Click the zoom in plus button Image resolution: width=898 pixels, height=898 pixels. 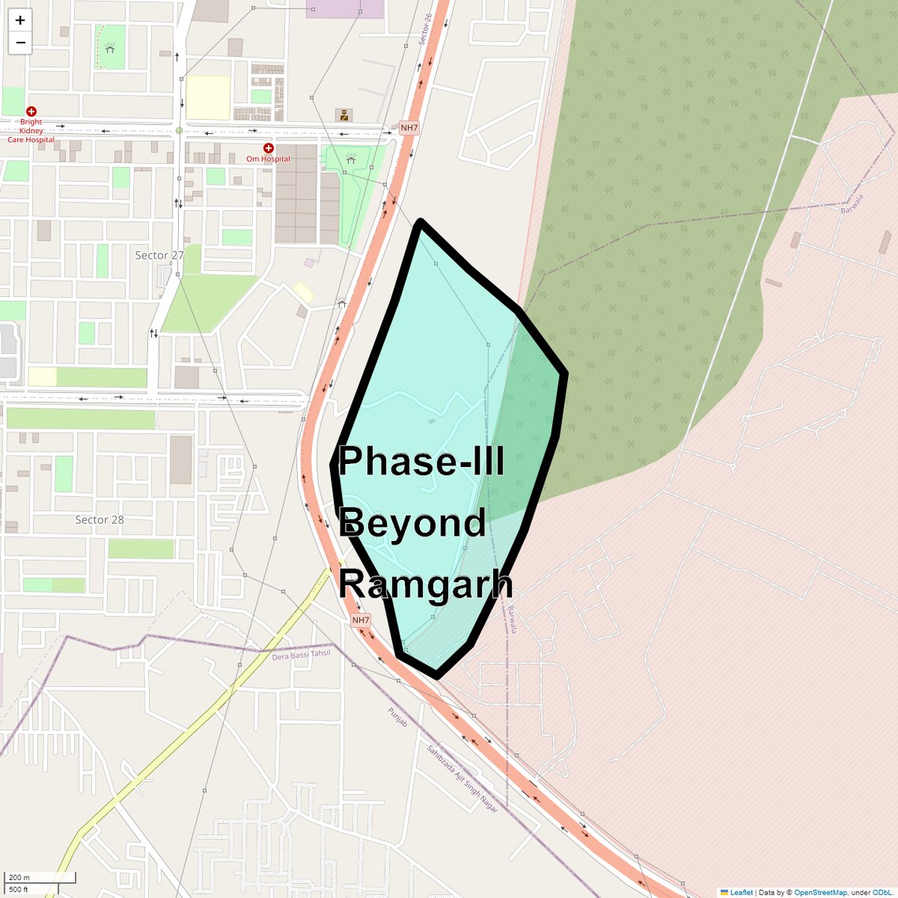click(20, 20)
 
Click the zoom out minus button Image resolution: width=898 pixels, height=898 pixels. click(20, 43)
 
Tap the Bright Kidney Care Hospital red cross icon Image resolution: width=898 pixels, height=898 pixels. click(32, 112)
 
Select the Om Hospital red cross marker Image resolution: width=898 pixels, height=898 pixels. click(269, 148)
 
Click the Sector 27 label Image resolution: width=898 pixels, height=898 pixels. click(159, 255)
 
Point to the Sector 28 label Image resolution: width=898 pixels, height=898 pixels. click(99, 520)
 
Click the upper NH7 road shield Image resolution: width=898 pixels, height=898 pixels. click(409, 128)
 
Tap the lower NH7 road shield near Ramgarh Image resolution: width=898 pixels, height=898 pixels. click(361, 620)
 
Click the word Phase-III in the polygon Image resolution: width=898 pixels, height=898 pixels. click(421, 461)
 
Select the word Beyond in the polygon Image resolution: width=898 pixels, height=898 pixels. click(413, 523)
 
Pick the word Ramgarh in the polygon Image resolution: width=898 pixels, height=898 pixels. click(426, 584)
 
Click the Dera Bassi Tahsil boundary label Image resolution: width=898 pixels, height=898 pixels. click(301, 655)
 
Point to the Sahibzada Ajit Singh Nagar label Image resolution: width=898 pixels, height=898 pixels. click(462, 778)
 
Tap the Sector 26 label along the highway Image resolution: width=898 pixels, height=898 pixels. click(425, 28)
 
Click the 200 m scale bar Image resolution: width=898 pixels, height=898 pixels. click(39, 878)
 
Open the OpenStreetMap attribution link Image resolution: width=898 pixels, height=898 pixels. click(820, 892)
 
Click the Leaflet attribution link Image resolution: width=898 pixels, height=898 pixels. click(741, 892)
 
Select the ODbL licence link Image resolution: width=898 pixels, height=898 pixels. click(881, 892)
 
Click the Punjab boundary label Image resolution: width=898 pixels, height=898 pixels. click(398, 717)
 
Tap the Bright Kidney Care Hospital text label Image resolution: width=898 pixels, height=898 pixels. click(32, 131)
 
